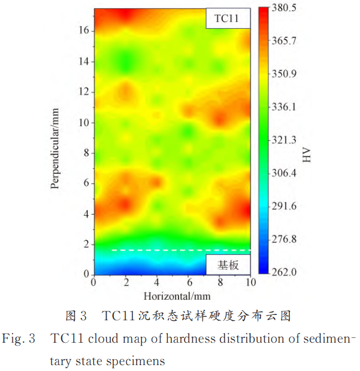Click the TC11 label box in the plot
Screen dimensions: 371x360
[227, 19]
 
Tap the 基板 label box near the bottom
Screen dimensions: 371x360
[227, 265]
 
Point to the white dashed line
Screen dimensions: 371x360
[177, 250]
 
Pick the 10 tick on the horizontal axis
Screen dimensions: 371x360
[250, 283]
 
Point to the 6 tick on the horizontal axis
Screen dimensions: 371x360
[188, 283]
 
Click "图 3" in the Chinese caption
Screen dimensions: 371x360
[76, 317]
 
